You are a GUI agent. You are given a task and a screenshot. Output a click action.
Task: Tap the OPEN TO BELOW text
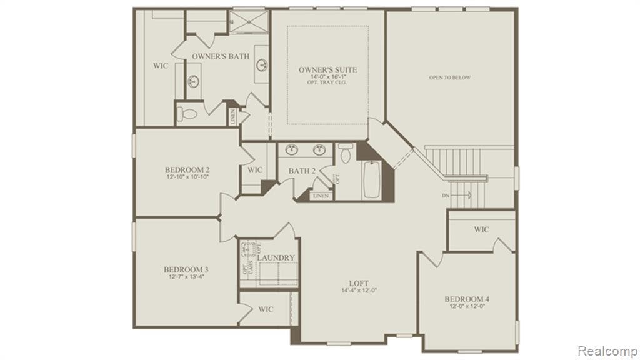point(449,78)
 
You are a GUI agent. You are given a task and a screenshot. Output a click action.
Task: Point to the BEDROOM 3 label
point(186,270)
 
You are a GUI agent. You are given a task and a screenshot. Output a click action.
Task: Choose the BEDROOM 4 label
point(467,299)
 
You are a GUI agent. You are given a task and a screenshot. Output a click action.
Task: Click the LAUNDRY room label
point(276,257)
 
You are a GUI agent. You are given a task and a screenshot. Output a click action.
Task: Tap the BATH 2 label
point(302,171)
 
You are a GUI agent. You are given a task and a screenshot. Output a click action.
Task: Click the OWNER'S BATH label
point(221,56)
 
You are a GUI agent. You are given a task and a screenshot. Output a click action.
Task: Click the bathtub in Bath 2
point(371,179)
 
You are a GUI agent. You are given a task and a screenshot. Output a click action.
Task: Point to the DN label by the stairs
point(446,196)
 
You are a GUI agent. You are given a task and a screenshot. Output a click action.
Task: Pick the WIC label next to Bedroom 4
point(481,229)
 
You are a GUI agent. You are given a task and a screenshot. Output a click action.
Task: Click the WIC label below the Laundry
point(266,309)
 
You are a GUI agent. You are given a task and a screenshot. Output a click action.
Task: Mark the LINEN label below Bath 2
point(321,196)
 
